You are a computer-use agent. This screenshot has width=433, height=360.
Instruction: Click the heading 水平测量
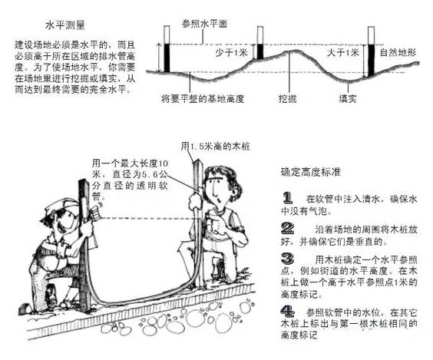[x=65, y=25]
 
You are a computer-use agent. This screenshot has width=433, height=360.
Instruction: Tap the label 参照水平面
[x=204, y=24]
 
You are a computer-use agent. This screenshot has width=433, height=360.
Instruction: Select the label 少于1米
[x=231, y=52]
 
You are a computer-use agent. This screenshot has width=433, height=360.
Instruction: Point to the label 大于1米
[x=343, y=52]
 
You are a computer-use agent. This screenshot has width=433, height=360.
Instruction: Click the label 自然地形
[x=398, y=52]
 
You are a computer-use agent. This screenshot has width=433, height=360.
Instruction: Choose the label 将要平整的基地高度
[x=203, y=98]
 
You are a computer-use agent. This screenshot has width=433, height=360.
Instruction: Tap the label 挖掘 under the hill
[x=287, y=98]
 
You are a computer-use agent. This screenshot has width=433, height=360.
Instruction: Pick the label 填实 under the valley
[x=348, y=98]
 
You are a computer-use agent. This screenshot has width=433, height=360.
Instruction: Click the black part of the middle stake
[x=260, y=51]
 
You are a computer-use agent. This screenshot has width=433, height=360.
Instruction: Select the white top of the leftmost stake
[x=167, y=35]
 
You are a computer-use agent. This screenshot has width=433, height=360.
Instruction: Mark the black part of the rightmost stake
[x=372, y=60]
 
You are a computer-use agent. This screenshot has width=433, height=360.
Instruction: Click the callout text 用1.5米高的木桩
[x=216, y=146]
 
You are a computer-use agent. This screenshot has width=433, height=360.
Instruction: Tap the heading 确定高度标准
[x=311, y=172]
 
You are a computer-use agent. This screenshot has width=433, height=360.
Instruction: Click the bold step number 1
[x=287, y=198]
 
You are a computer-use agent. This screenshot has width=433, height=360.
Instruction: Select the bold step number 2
[x=287, y=228]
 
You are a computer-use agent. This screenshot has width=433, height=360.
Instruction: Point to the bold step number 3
[x=287, y=259]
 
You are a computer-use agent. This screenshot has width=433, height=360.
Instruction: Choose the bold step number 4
[x=287, y=312]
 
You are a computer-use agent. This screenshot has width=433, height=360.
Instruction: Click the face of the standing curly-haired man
[x=216, y=193]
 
